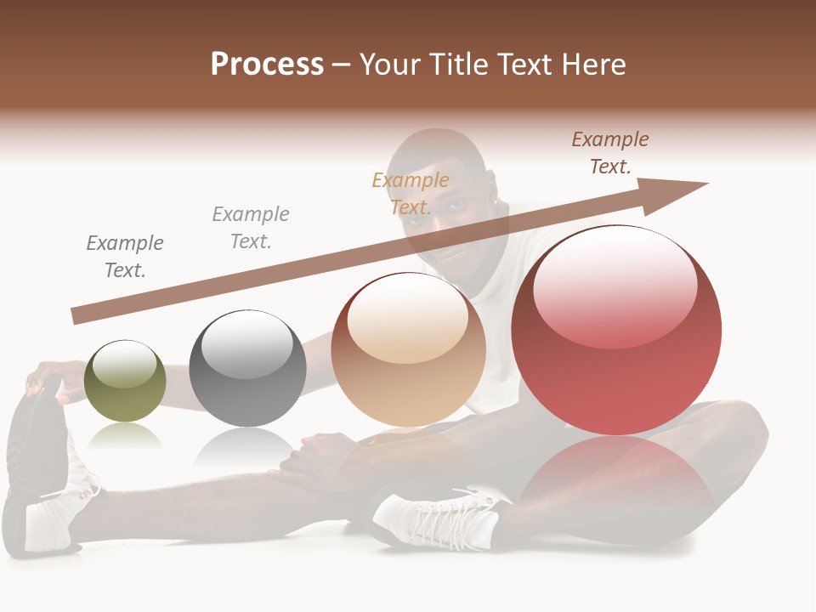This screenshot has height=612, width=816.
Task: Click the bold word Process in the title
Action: (x=267, y=65)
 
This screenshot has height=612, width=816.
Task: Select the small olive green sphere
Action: (x=125, y=382)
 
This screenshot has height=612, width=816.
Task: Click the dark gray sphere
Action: (x=247, y=369)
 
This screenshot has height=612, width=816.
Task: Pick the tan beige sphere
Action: (x=408, y=349)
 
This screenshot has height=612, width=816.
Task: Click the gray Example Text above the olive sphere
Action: (x=124, y=257)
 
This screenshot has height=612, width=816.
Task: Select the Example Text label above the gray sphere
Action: (x=250, y=228)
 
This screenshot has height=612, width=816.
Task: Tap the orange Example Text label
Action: (x=410, y=193)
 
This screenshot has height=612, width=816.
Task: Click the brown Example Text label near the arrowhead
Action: (x=609, y=153)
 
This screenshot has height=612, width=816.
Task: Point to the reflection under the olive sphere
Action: (x=125, y=435)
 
